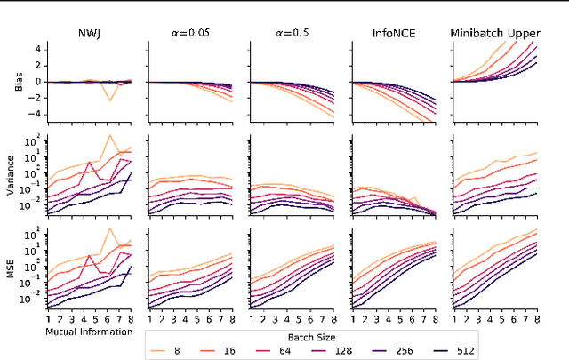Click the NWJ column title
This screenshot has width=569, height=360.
pos(89,33)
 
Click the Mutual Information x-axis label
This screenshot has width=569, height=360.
pos(89,332)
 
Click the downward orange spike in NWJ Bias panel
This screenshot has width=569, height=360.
pos(109,100)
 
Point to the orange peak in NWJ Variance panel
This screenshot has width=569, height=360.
pos(109,136)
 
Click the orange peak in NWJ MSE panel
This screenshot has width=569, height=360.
pos(109,228)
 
